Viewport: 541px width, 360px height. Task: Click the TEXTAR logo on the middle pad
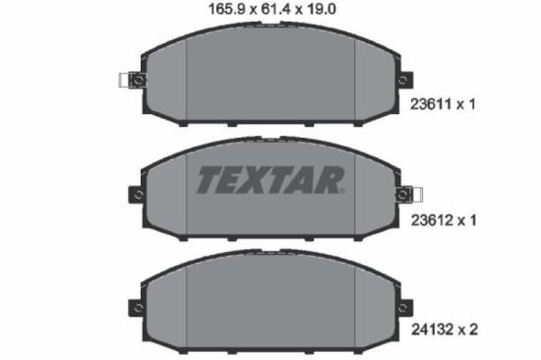(270, 181)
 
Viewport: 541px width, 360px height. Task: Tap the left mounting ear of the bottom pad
(136, 308)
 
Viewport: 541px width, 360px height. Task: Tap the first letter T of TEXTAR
(210, 181)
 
